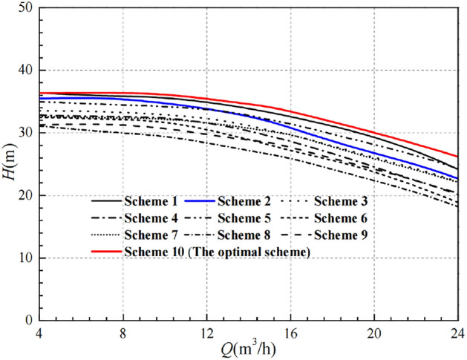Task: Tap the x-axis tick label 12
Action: (207, 333)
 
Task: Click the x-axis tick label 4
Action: (40, 333)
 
